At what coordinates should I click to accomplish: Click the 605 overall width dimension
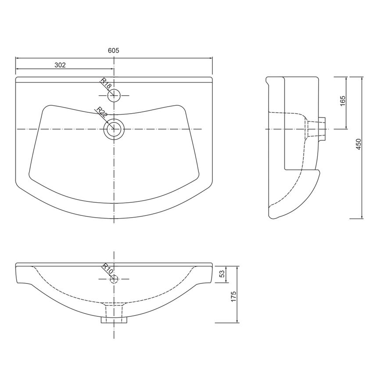click(114, 50)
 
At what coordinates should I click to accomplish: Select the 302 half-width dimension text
click(60, 65)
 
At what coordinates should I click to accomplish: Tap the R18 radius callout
click(106, 83)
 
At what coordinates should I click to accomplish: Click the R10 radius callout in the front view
click(108, 269)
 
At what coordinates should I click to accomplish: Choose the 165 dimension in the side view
click(342, 101)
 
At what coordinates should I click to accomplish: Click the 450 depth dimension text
click(359, 144)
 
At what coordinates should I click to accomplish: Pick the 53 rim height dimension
click(222, 273)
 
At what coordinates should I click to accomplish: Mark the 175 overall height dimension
click(233, 297)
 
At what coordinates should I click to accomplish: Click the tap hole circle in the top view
click(114, 95)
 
